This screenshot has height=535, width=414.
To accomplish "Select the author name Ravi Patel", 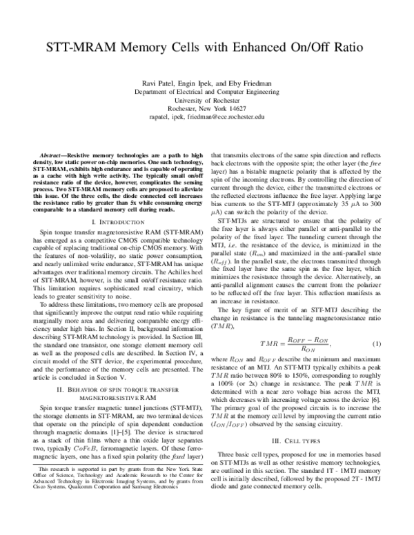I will click(155, 83).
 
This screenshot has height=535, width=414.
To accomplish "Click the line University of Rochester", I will click(208, 100).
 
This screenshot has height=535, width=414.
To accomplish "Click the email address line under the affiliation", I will click(208, 117).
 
